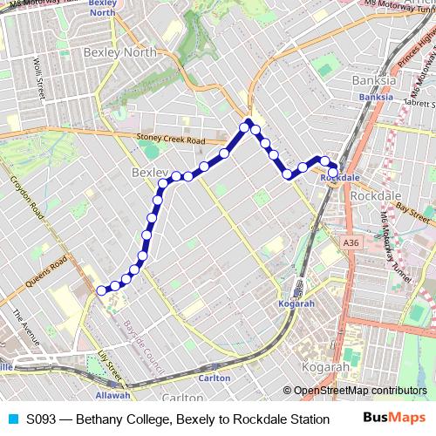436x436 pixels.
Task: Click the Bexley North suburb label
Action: [120, 52]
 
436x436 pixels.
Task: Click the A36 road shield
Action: [351, 242]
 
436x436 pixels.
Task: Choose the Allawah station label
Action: [112, 395]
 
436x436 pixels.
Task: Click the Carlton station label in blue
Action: [215, 378]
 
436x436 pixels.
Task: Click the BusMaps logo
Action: [395, 419]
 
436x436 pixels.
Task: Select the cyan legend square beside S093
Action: [12, 419]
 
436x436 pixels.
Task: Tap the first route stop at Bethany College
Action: [102, 290]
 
